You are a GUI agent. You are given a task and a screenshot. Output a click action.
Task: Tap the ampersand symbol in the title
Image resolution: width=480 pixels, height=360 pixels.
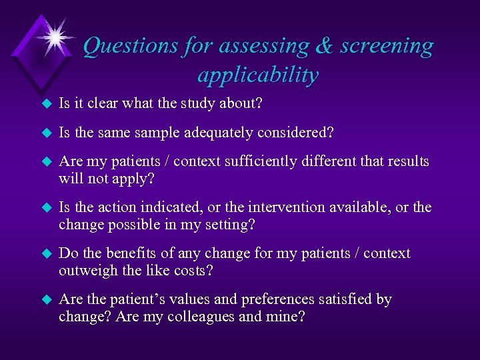(x=323, y=46)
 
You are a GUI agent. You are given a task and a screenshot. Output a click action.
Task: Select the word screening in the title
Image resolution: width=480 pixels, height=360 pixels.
(x=387, y=46)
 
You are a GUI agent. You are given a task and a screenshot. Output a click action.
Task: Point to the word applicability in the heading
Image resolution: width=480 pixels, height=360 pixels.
(x=257, y=75)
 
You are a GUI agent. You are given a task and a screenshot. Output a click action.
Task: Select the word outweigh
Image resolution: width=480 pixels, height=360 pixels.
(x=87, y=271)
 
